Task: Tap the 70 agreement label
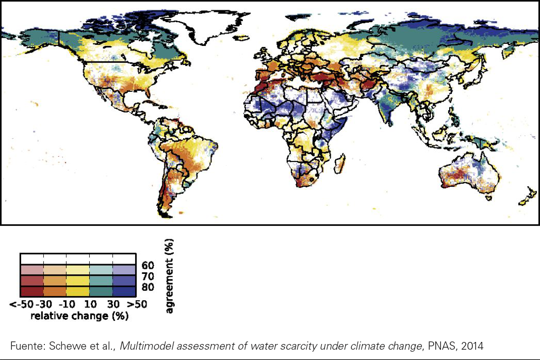(x=147, y=276)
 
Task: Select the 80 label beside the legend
(x=147, y=287)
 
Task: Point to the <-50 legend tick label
(x=21, y=304)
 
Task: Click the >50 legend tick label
(x=137, y=304)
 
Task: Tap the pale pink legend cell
(x=31, y=269)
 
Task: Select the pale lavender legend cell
(x=124, y=269)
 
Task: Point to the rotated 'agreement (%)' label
(x=170, y=276)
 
